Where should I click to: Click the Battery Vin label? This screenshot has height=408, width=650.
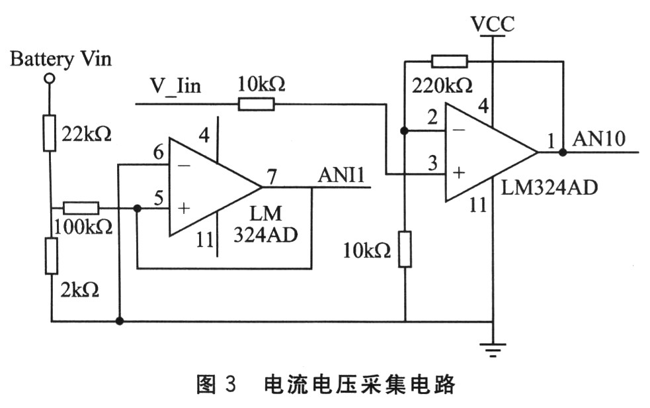click(x=61, y=59)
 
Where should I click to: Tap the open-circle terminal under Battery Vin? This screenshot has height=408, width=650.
click(x=50, y=79)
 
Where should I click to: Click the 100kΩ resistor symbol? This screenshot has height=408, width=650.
click(x=81, y=208)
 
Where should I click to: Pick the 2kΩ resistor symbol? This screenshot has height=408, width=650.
click(x=51, y=256)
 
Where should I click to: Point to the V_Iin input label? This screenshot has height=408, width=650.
click(x=175, y=86)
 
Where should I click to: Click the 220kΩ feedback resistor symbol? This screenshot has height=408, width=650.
click(x=450, y=62)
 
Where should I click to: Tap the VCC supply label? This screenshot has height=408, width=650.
click(x=492, y=25)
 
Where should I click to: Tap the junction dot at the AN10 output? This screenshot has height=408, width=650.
click(x=563, y=152)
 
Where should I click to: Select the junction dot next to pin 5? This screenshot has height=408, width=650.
click(x=137, y=208)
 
